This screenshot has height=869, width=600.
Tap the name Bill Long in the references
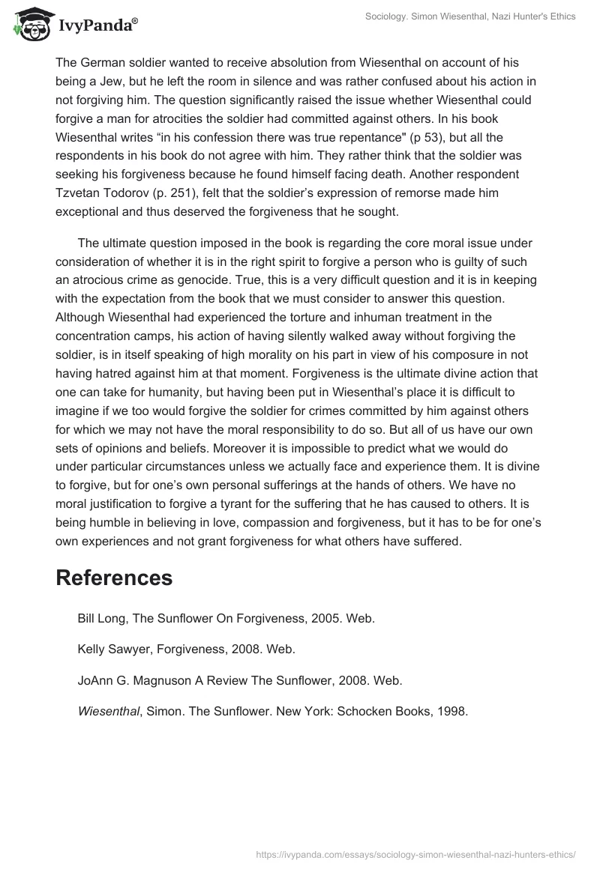[x=101, y=618]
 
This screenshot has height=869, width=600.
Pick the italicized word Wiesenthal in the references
[x=107, y=712]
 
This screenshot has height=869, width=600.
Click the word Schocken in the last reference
[x=358, y=712]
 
